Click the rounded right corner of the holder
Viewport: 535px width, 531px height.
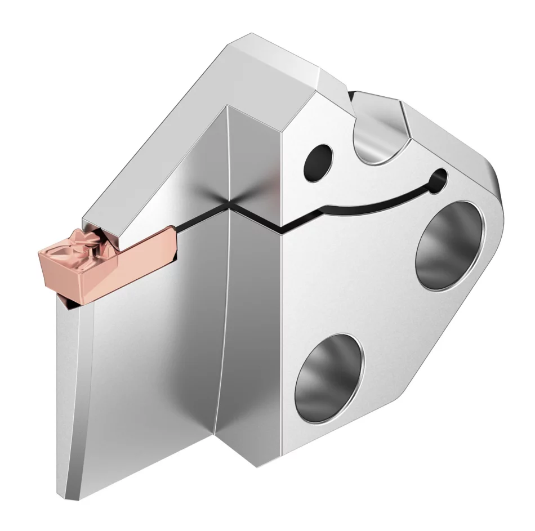(x=498, y=186)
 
